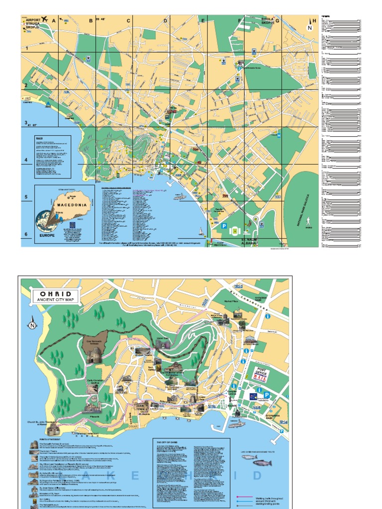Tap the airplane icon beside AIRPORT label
(x=44, y=19)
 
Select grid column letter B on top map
(x=91, y=21)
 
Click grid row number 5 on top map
(x=26, y=197)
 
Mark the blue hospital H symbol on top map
(x=279, y=135)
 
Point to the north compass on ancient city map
(x=32, y=326)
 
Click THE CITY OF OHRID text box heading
(x=168, y=441)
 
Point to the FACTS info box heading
(x=39, y=139)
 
